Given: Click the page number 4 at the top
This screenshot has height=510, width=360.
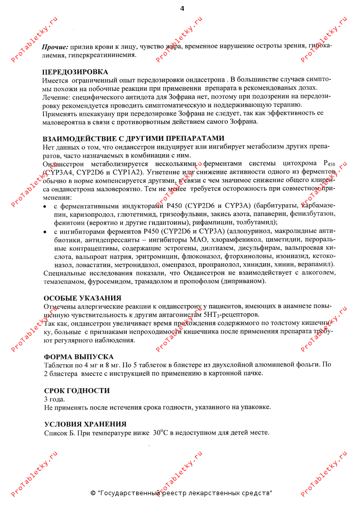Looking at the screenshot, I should coord(183,8).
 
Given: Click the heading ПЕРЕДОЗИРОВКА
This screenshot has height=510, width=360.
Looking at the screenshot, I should coord(75,71).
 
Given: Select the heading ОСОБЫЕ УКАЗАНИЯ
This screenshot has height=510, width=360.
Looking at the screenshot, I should coord(83,298).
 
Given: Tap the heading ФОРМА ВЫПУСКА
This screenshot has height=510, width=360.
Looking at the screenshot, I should coord(79,356).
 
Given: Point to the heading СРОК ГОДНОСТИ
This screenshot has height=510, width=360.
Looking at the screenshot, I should coord(77,391).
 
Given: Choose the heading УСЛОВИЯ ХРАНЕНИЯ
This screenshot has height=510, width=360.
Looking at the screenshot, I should coord(85,424).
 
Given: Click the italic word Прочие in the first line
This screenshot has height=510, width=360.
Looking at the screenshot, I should coord(56,46).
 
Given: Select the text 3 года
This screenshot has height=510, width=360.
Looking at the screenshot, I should coord(55,399).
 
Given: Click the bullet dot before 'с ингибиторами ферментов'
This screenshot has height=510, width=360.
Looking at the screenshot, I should coord(46,232).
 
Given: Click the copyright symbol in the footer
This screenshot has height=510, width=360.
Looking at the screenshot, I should coord(93,493).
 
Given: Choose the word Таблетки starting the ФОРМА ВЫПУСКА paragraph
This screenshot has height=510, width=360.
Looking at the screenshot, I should coord(59,365).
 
